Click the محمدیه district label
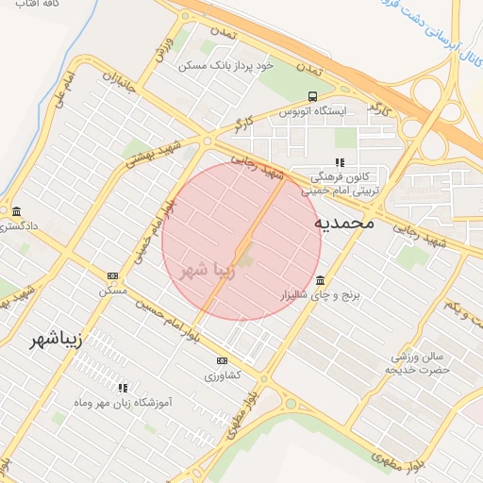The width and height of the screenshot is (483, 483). point(344,224)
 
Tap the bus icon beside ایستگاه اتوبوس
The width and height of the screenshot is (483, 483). point(312,96)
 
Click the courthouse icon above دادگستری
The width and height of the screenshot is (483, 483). point(17,210)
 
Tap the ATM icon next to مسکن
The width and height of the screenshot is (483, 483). point(113,275)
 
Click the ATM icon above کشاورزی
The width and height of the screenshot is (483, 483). point(223,360)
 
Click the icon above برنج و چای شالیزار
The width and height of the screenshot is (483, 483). point(321,281)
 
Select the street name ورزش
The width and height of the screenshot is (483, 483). point(163,50)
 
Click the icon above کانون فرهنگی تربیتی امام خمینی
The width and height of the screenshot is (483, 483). point(340,162)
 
